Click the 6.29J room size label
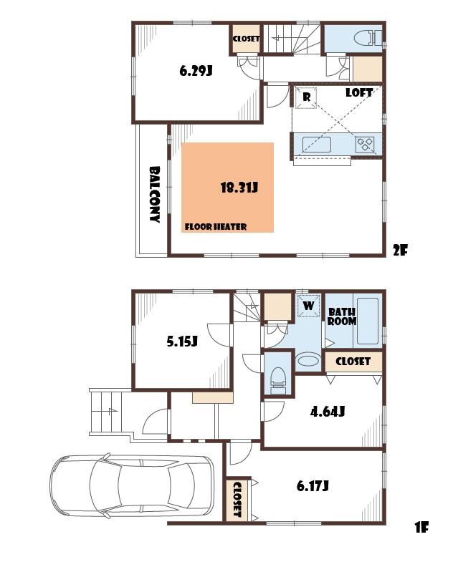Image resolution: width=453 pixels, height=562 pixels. click(x=196, y=71)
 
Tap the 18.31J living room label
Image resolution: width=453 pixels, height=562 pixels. click(x=239, y=188)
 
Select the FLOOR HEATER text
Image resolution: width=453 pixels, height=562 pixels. click(x=216, y=227)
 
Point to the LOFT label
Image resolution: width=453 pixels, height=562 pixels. click(x=358, y=93)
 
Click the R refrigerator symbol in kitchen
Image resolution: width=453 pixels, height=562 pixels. click(x=306, y=97)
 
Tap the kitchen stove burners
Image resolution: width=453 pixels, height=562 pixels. click(x=366, y=143)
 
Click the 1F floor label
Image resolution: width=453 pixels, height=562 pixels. click(x=421, y=528)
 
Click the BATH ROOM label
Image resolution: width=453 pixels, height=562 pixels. click(x=342, y=316)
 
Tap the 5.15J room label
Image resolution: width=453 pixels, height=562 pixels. click(x=182, y=341)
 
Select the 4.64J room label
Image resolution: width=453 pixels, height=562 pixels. click(x=328, y=412)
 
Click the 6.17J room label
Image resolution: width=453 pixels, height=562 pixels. click(x=313, y=486)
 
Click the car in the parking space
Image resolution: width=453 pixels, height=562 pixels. click(x=133, y=485)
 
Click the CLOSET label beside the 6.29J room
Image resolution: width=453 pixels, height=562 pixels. click(x=246, y=39)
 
